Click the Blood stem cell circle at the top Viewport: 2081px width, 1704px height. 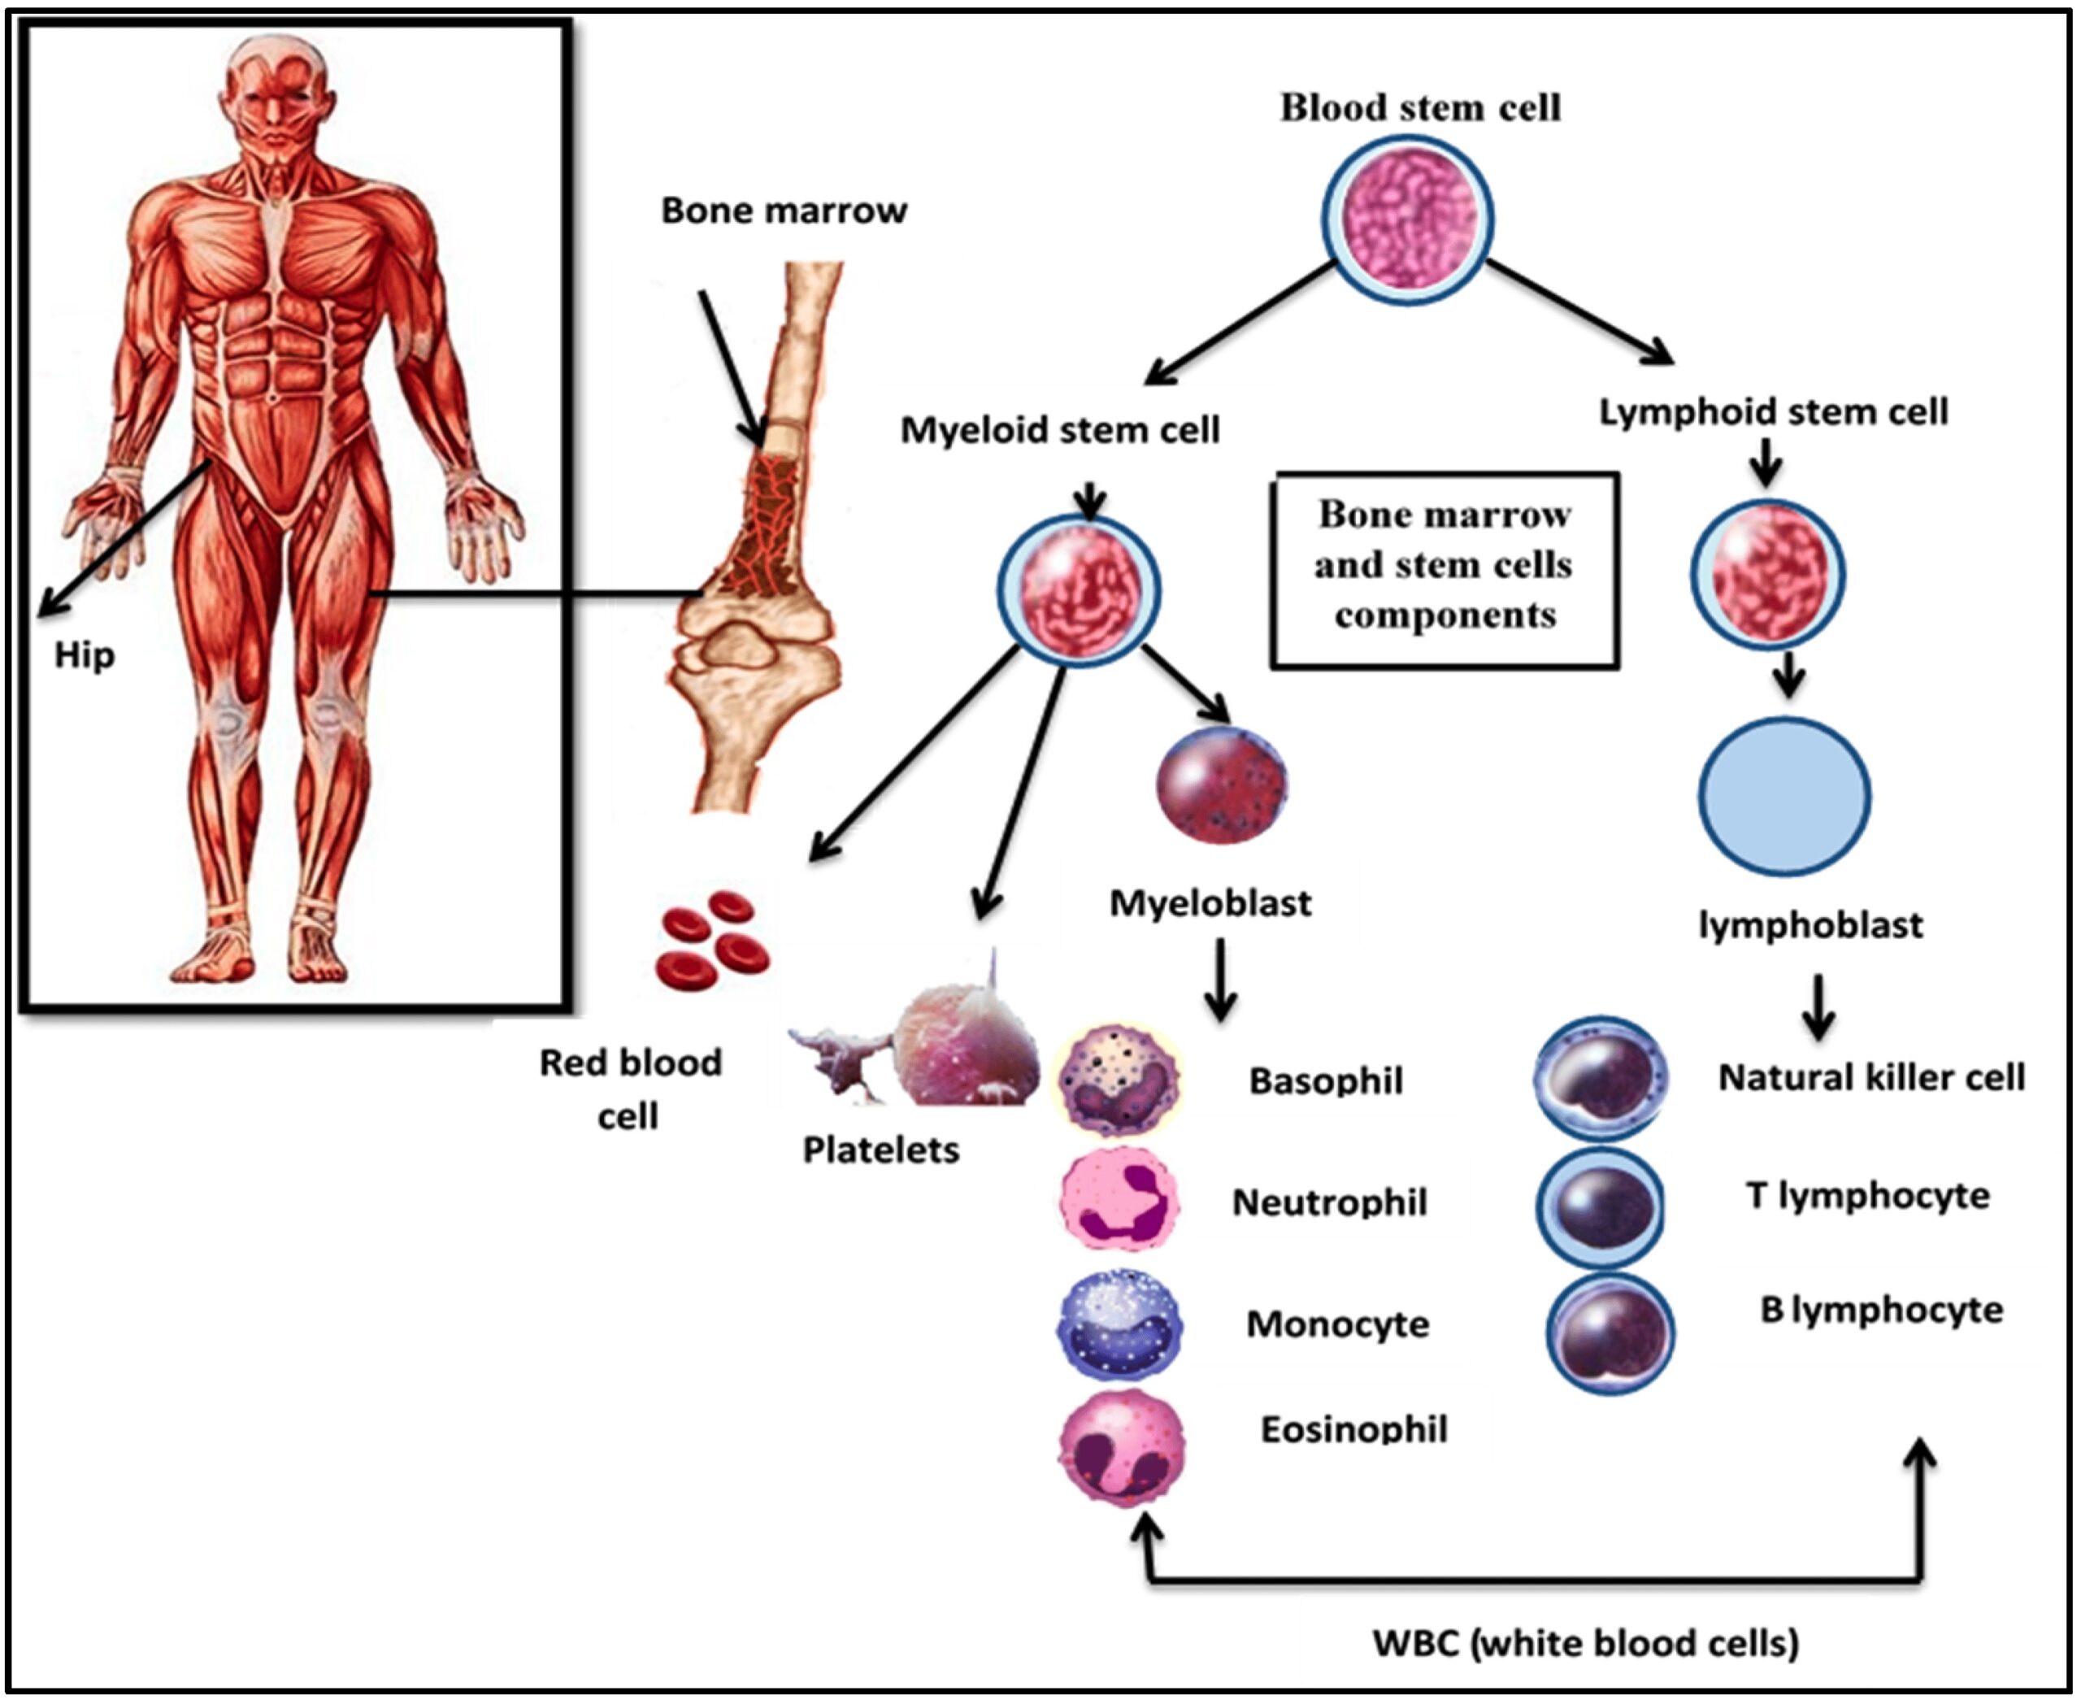[1405, 218]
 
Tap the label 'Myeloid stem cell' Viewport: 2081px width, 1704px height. [1060, 430]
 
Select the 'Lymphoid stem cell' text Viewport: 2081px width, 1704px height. [1773, 411]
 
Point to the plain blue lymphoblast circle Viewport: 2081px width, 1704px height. [1783, 795]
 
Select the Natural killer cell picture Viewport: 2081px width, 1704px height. [1600, 1078]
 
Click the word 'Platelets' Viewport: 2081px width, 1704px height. [880, 1150]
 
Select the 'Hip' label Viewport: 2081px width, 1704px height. [85, 654]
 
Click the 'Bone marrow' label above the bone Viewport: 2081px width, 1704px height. [784, 210]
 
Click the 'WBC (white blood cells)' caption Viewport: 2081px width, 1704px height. [1584, 1642]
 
